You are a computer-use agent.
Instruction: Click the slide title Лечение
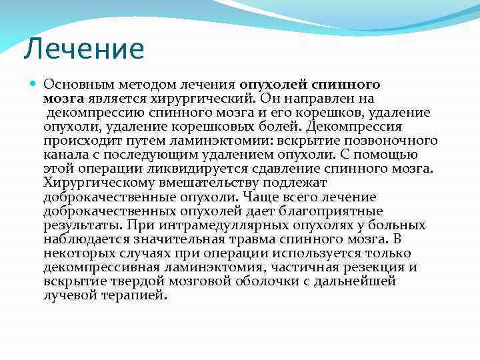tap(83, 49)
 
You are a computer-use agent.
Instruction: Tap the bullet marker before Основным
tap(34, 85)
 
